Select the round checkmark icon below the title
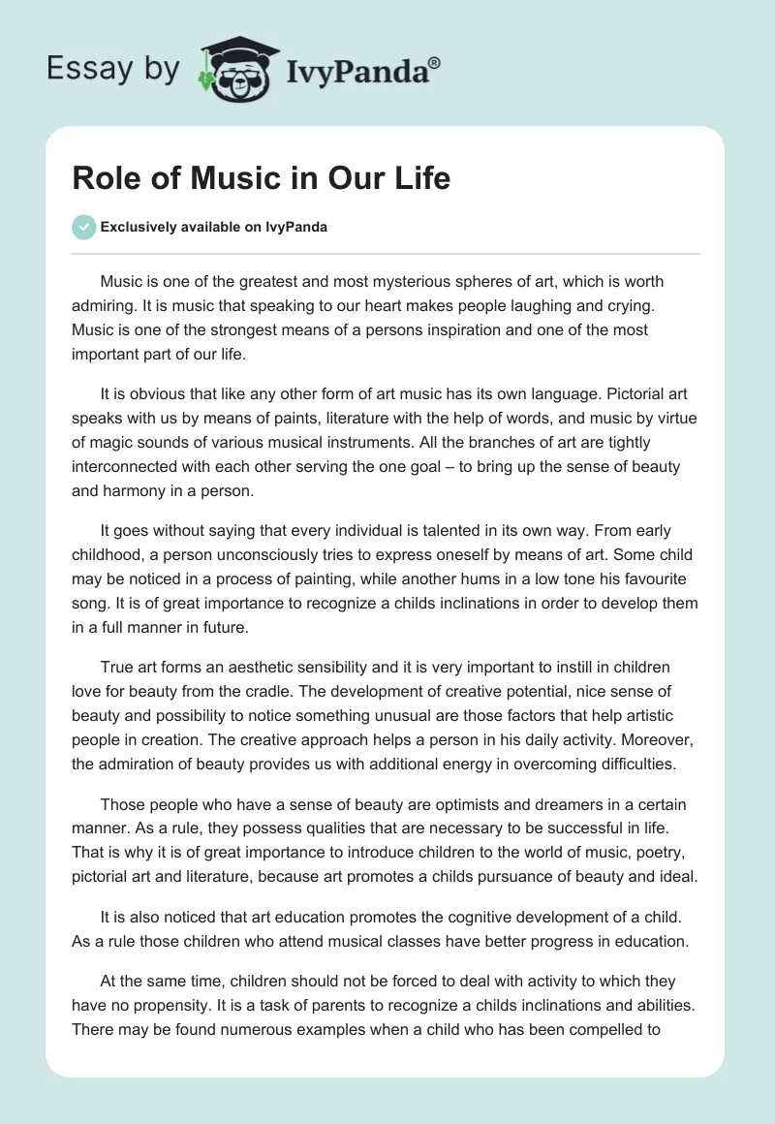pyautogui.click(x=84, y=227)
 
